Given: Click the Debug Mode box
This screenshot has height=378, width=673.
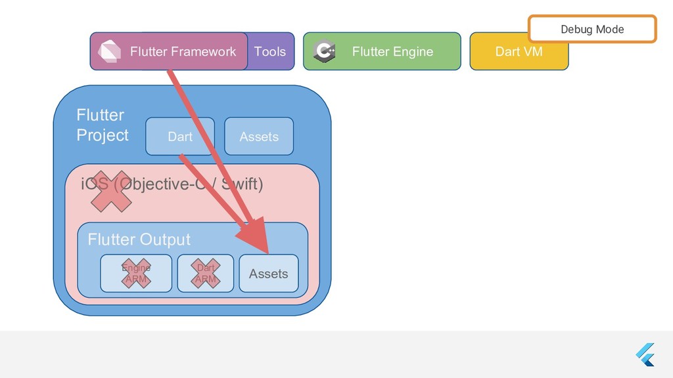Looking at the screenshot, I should pos(592,30).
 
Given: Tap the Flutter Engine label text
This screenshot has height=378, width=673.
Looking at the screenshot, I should pos(392,52).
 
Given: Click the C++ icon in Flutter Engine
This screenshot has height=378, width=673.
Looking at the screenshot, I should pos(325,51).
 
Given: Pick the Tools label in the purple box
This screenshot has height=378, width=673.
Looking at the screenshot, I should pos(270,51).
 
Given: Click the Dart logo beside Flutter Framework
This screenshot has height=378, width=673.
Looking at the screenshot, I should pos(109,51).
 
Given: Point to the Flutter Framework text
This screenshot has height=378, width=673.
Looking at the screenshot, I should pos(183,51).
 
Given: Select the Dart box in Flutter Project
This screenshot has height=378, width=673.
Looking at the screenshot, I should pos(179,136).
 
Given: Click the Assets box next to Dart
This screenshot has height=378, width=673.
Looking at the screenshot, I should pos(259,136).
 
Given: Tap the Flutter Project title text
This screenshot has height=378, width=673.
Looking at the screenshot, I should pos(102,125).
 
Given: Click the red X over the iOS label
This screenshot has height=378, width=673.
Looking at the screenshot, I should pos(111,191).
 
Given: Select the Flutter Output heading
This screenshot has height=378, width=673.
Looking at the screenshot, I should pos(139,240).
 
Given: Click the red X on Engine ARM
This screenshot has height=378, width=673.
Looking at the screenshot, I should pos(135,274).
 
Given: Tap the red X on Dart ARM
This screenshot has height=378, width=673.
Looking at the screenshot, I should pos(206,274).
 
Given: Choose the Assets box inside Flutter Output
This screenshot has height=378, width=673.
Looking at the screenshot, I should pos(268,274).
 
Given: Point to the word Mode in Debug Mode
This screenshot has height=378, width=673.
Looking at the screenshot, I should pos(610,30).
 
